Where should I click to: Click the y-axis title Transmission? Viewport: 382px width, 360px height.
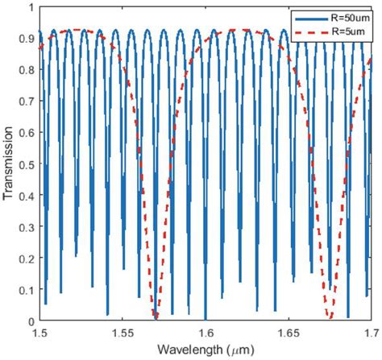tap(9, 162)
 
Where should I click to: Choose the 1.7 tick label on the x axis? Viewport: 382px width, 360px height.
tap(367, 330)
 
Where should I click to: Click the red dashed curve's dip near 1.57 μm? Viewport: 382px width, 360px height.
tap(155, 316)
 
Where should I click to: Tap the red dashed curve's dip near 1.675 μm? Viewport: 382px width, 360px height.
tap(330, 316)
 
